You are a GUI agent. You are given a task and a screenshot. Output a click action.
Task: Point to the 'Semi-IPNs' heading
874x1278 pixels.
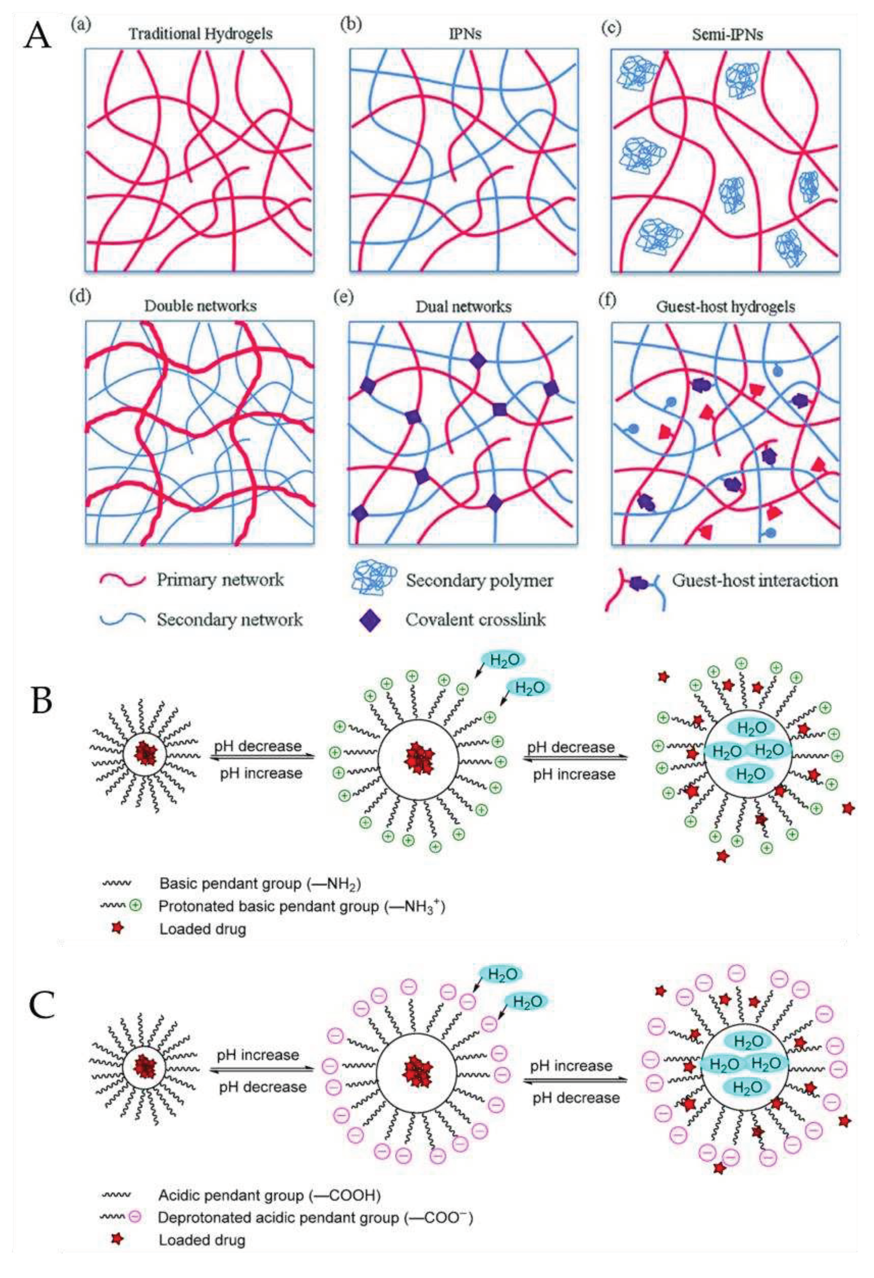tap(725, 34)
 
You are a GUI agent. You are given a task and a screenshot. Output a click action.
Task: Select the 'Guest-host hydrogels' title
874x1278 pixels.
tap(725, 306)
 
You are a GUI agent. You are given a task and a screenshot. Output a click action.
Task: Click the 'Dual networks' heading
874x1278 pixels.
tap(463, 306)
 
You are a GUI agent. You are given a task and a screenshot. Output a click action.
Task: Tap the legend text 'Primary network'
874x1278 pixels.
tap(220, 580)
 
